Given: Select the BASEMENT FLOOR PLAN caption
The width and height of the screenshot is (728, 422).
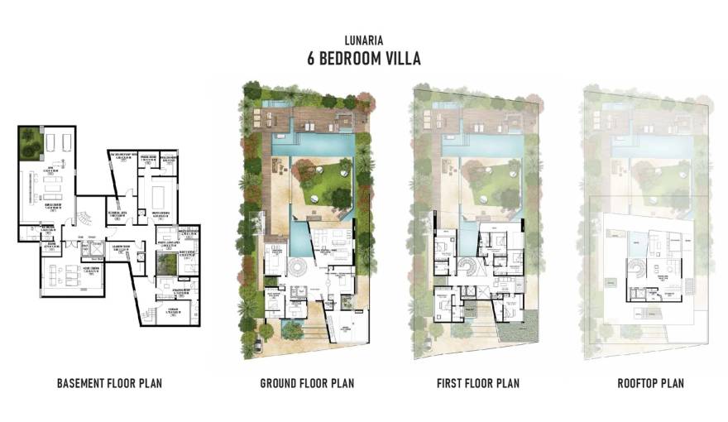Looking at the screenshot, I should coord(109,383).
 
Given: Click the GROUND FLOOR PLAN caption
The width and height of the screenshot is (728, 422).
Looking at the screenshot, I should coord(307,383).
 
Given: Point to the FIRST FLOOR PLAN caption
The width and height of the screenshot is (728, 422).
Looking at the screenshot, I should coord(478,383).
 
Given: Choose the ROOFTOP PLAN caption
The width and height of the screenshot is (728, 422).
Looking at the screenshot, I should coord(650,383).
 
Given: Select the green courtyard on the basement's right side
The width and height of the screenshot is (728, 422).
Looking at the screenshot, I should coord(167,263).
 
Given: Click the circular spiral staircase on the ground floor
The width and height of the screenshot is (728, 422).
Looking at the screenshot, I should coord(296,270).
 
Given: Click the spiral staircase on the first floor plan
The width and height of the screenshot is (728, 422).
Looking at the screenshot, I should coord(467,270).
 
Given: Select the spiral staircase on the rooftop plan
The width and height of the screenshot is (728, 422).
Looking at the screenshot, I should coord(637,270).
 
